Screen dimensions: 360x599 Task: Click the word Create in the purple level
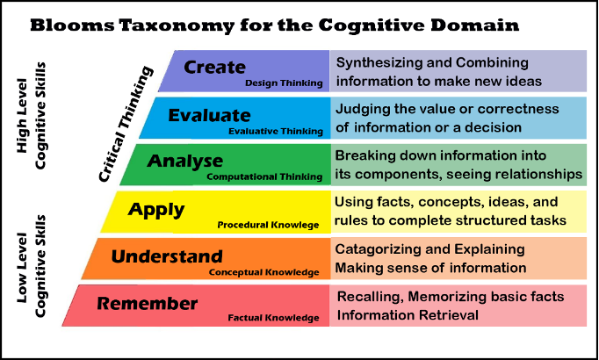(x=214, y=68)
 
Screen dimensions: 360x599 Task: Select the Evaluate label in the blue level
(x=209, y=116)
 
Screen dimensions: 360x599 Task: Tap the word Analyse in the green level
(x=185, y=162)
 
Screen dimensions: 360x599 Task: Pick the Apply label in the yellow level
(x=156, y=210)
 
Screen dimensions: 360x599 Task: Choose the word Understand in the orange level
(x=167, y=257)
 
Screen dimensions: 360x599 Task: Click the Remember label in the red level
(x=148, y=305)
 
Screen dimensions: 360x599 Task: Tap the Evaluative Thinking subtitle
(x=275, y=131)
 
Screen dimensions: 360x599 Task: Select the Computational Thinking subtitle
(x=263, y=177)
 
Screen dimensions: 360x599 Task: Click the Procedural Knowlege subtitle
(x=268, y=226)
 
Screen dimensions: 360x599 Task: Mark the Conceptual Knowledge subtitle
(x=264, y=272)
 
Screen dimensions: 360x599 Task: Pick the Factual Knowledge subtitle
(x=273, y=319)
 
